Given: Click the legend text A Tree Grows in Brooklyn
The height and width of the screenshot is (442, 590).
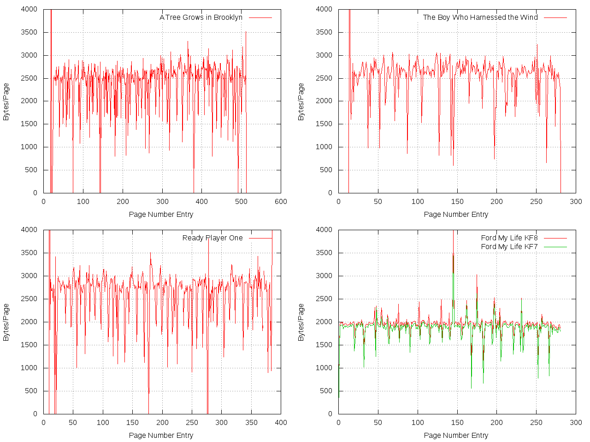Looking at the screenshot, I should point(201,17).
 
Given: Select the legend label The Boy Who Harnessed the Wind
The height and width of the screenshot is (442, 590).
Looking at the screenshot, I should point(480,17).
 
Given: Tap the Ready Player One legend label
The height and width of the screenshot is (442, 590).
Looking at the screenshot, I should point(212,238).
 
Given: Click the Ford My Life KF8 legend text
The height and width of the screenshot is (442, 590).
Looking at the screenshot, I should point(509,238).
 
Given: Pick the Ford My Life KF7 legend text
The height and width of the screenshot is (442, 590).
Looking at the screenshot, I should point(509,247).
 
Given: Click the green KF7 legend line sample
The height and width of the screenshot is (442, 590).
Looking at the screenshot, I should point(555,247).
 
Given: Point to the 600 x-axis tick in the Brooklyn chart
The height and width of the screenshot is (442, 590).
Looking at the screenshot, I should point(281,202).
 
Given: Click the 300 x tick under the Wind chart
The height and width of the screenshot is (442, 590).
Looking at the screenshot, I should point(576,202).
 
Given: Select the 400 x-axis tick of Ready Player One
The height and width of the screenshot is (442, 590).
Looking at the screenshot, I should point(281,423).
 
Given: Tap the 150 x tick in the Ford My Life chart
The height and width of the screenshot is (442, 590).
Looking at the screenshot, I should point(457,423).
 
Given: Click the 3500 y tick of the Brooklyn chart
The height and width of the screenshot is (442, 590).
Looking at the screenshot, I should point(29,32).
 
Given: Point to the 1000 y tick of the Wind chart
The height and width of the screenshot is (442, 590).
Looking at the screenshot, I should point(324,147).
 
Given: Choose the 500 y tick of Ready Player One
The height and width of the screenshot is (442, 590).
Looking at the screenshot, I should point(31,391).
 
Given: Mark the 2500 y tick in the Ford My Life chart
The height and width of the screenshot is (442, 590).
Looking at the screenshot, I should point(324,299).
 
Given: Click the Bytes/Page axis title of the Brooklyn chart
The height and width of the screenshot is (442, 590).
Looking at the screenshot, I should point(6,102).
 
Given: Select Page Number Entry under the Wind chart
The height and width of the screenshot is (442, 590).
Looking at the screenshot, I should point(456,215).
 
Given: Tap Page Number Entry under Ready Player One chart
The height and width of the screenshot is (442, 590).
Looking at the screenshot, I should point(161,436).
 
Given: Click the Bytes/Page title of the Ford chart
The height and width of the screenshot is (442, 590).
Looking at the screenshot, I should point(301,322).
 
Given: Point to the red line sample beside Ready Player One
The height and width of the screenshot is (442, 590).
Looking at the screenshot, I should point(260,238).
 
